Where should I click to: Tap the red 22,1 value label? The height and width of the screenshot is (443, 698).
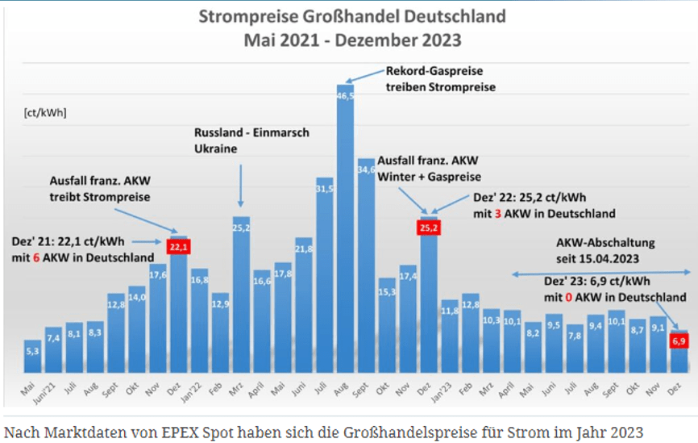click(178, 245)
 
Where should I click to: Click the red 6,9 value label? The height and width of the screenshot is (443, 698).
click(679, 342)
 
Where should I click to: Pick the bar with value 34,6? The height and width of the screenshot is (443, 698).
click(366, 266)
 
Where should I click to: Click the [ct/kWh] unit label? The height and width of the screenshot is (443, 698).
click(46, 112)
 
